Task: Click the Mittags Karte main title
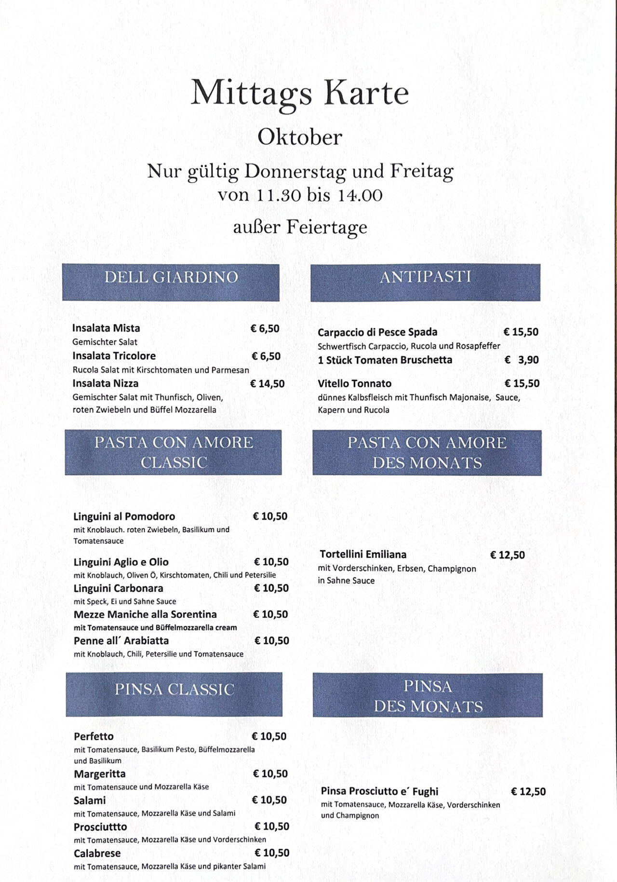(299, 93)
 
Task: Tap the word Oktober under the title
(299, 137)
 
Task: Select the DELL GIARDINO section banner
(171, 282)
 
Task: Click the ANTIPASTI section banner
(425, 282)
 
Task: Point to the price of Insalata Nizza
(267, 384)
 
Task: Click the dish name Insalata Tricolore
(114, 356)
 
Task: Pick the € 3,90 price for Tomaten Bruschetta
(522, 360)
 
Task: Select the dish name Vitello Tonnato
(354, 384)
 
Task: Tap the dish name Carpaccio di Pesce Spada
(377, 332)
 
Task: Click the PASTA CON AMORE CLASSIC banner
(174, 452)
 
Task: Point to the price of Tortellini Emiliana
(507, 555)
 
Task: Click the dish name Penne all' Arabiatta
(121, 641)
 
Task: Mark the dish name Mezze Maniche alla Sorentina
(145, 614)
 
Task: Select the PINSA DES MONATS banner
(428, 695)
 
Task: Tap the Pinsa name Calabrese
(97, 853)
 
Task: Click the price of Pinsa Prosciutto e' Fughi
(528, 791)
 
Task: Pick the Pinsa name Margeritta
(99, 774)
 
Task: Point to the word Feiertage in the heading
(327, 227)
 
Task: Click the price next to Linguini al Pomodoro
(270, 516)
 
